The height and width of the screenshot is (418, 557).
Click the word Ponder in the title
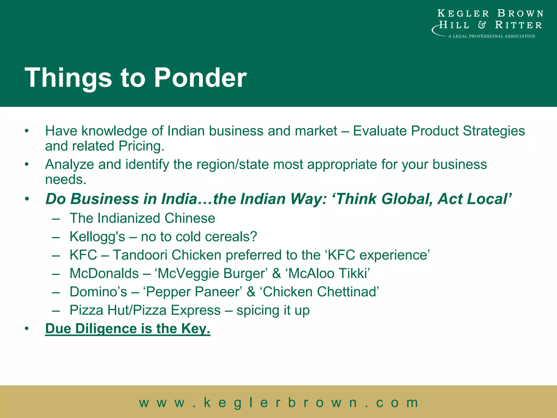[200, 78]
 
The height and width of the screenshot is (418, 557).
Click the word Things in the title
[68, 78]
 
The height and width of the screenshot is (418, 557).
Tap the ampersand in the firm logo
[482, 25]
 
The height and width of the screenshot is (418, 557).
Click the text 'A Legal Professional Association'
[491, 36]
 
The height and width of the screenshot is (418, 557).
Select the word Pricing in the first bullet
[141, 146]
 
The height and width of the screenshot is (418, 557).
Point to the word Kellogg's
[97, 236]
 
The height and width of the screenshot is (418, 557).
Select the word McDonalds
[104, 273]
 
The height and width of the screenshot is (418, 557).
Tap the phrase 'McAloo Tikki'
[328, 273]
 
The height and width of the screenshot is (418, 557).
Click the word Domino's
[98, 292]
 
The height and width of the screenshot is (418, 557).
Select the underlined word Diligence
[106, 329]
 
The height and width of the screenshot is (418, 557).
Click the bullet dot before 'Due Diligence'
[26, 329]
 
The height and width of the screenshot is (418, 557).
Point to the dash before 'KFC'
[56, 255]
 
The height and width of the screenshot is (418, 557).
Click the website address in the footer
[278, 402]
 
